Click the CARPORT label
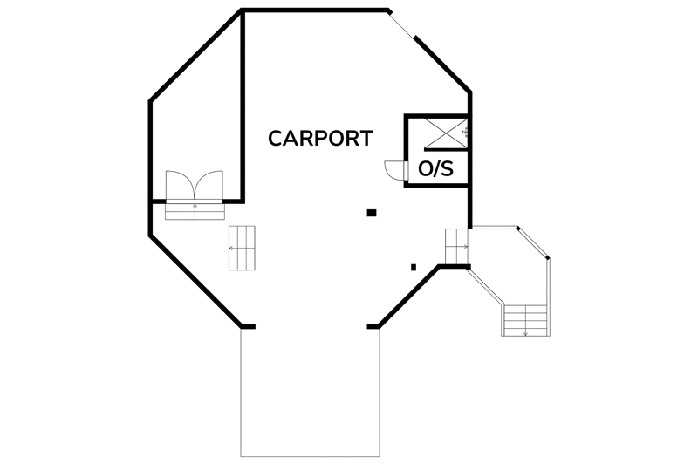click(x=320, y=139)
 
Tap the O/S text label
click(x=435, y=168)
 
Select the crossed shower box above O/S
click(x=445, y=133)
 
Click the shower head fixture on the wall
click(x=466, y=133)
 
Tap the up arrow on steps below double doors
click(x=195, y=207)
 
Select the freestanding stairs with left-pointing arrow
click(x=243, y=248)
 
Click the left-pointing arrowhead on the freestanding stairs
click(x=231, y=248)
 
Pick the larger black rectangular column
click(x=372, y=213)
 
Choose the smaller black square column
click(x=414, y=267)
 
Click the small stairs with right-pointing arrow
click(x=456, y=246)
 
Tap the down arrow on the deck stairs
click(x=526, y=331)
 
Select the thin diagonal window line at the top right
click(x=402, y=24)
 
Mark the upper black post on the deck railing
click(x=517, y=228)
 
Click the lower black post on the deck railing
click(x=548, y=257)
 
